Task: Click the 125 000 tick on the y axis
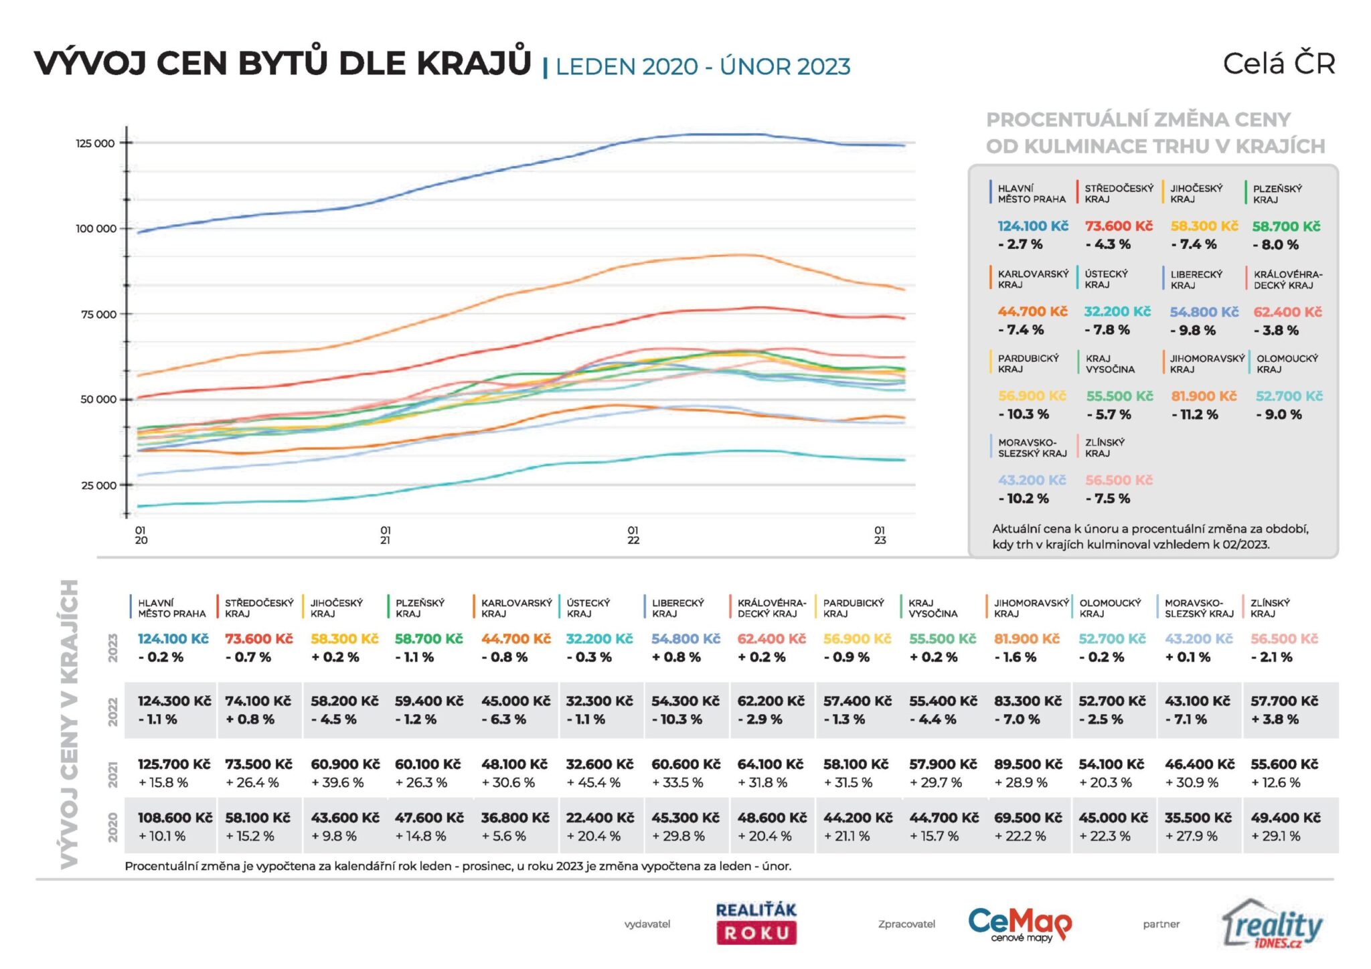[95, 143]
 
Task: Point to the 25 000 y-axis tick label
[98, 485]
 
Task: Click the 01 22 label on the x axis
[633, 535]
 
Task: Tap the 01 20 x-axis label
[141, 535]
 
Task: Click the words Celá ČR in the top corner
[1279, 64]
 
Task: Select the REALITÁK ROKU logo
[756, 923]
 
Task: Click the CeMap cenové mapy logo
[1020, 924]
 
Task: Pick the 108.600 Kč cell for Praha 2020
[175, 818]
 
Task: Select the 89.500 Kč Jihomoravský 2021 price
[1028, 764]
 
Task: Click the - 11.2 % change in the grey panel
[1195, 415]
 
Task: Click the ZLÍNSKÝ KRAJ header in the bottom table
[1270, 608]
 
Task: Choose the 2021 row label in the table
[113, 774]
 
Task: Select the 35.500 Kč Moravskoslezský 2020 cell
[1198, 818]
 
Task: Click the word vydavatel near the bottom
[647, 924]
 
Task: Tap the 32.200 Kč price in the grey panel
[1117, 312]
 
